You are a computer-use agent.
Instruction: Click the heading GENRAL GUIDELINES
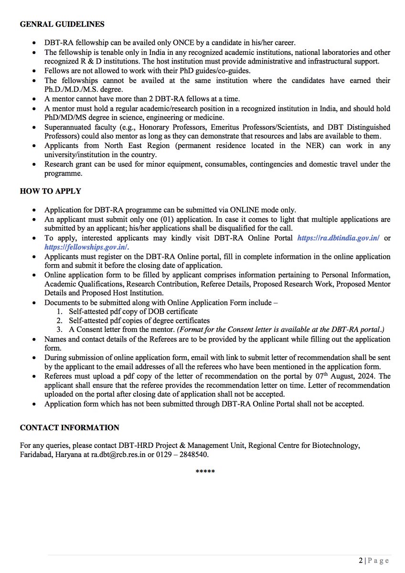(x=62, y=24)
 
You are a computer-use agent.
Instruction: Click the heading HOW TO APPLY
(x=50, y=191)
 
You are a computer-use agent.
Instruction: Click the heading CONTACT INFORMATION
(x=69, y=427)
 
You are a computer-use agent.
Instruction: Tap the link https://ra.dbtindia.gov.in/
(x=338, y=237)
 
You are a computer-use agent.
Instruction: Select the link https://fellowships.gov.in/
(x=86, y=247)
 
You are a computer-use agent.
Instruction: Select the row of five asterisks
(x=205, y=472)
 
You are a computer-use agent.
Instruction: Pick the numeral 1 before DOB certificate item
(x=59, y=311)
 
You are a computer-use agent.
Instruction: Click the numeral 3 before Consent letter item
(x=59, y=329)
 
